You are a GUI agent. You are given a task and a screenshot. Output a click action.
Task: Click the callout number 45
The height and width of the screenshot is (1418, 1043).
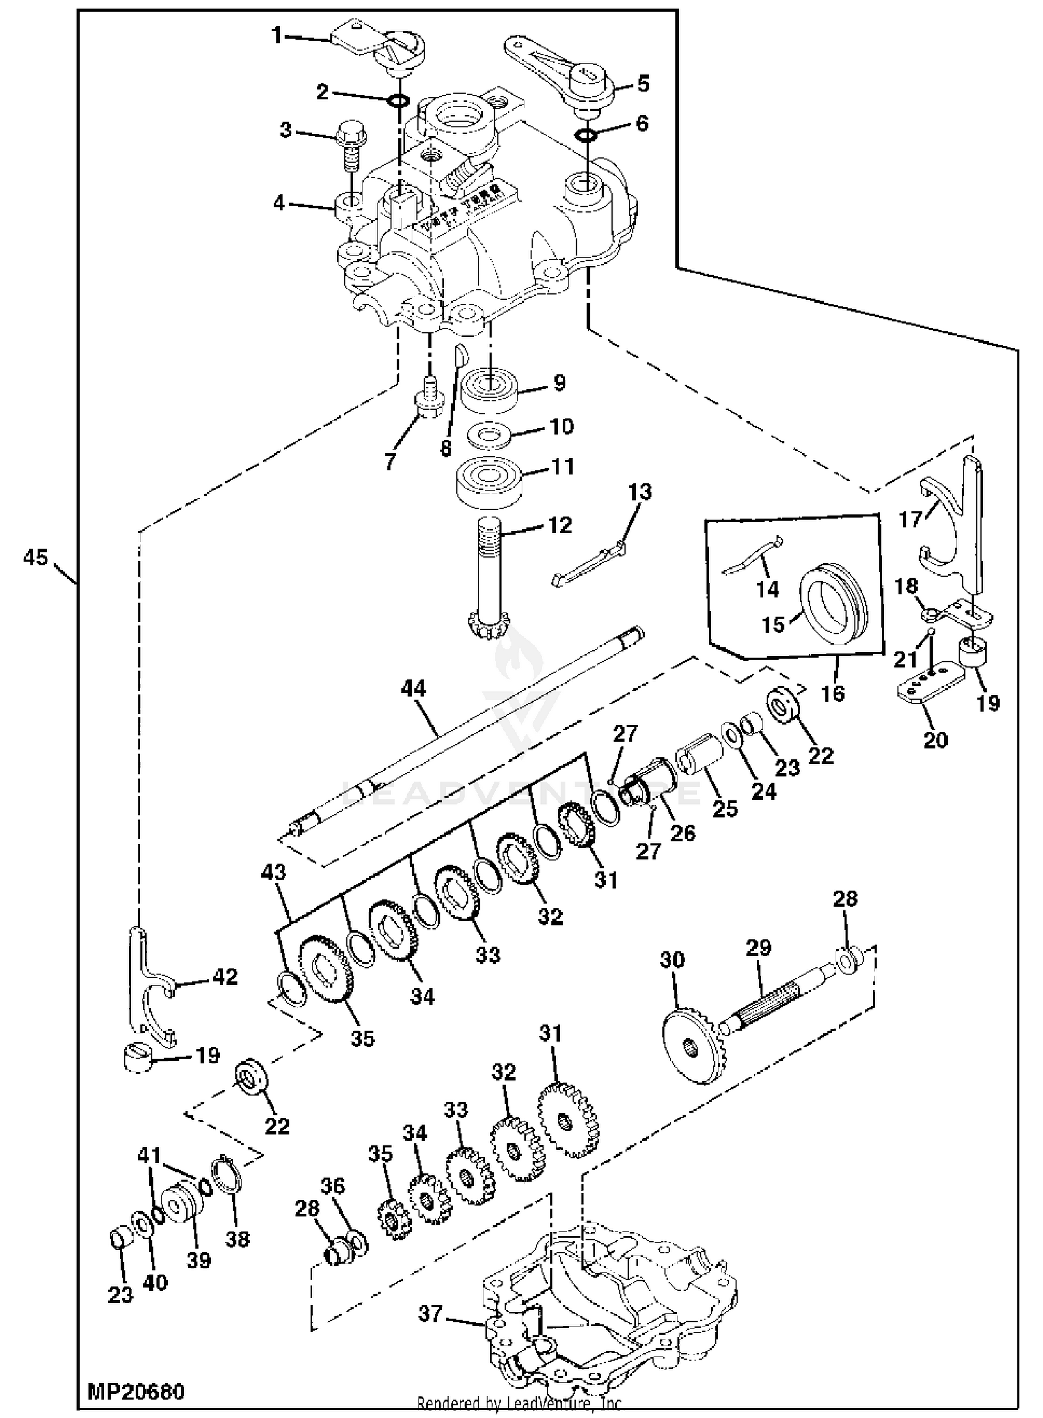(35, 557)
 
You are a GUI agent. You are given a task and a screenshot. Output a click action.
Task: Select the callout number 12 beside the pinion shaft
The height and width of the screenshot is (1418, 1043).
(560, 525)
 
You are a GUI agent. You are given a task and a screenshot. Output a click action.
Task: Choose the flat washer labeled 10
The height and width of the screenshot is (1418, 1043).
(490, 435)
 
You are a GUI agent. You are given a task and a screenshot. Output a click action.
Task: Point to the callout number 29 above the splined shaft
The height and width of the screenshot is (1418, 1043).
(758, 947)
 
